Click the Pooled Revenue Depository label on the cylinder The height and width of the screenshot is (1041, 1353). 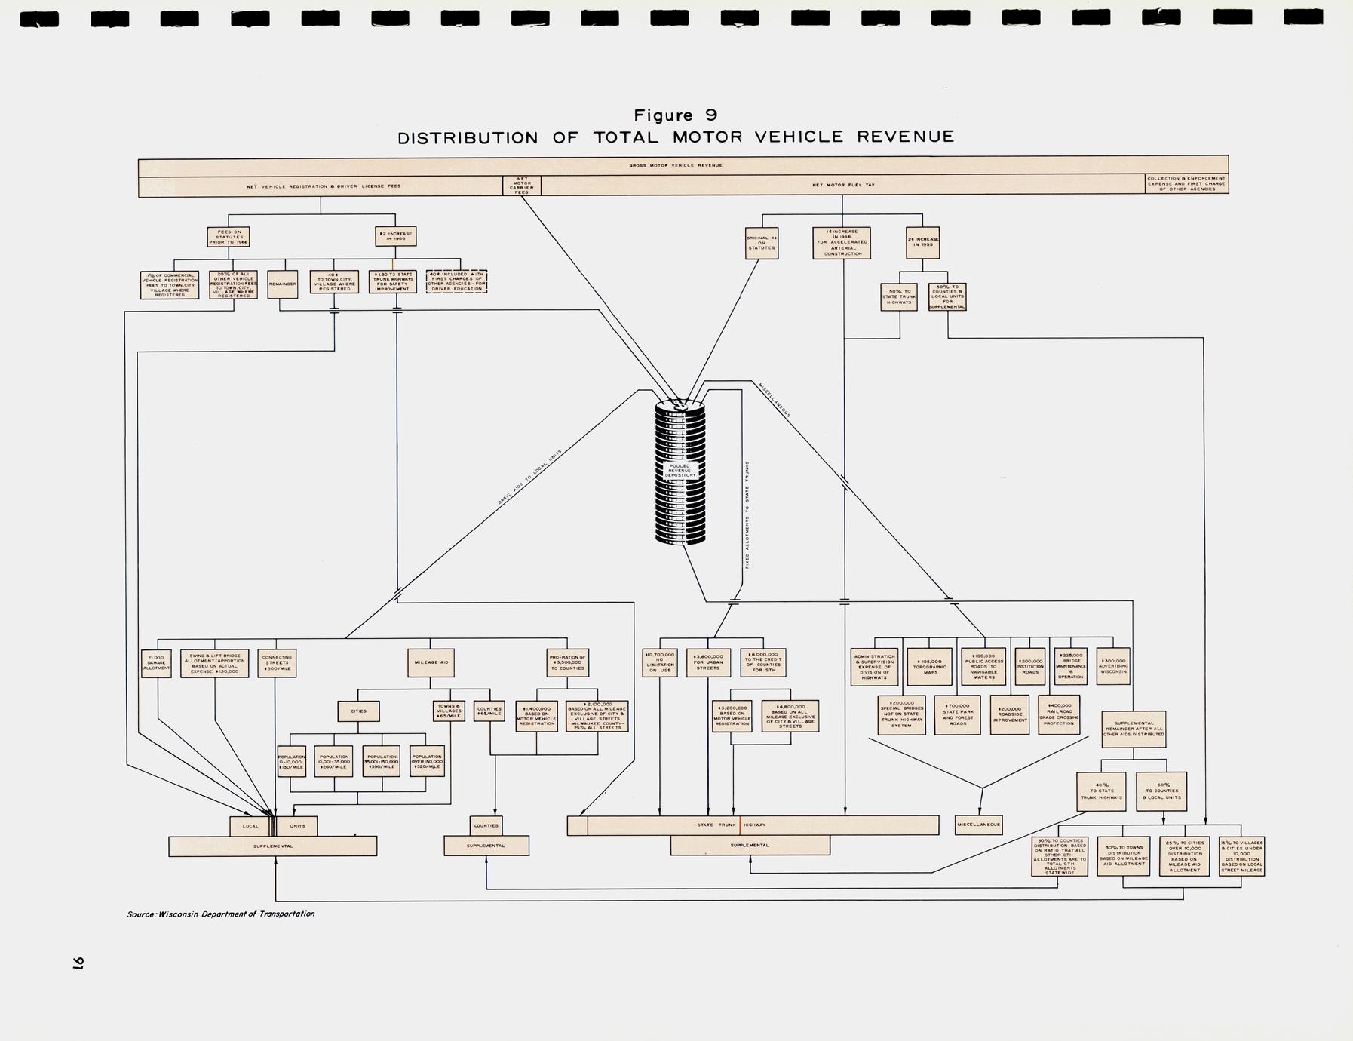click(680, 471)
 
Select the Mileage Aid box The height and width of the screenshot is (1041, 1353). click(431, 662)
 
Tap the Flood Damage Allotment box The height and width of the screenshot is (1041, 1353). click(156, 663)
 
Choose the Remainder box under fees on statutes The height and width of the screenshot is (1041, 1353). click(282, 284)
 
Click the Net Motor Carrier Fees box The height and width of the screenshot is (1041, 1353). click(521, 186)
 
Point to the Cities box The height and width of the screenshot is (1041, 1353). click(358, 711)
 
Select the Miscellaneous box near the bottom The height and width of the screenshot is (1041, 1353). click(978, 825)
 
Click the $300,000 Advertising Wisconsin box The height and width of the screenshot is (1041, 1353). click(1113, 666)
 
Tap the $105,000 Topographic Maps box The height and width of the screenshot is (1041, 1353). click(930, 666)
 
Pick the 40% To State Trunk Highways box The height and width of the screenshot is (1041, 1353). click(1101, 791)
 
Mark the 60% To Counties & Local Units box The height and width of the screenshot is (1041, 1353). click(1162, 791)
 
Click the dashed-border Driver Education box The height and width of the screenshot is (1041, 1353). click(456, 281)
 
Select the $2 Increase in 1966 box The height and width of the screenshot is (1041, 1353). click(395, 236)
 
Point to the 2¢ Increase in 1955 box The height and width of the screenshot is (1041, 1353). click(922, 242)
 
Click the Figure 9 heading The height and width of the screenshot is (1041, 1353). click(675, 115)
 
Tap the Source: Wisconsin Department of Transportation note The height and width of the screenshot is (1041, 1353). click(221, 914)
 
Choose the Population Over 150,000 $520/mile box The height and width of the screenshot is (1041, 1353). click(427, 761)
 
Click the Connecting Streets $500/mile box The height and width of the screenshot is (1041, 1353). click(277, 663)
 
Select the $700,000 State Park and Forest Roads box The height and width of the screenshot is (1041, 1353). click(958, 714)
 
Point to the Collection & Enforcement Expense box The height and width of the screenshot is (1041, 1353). click(1186, 184)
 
